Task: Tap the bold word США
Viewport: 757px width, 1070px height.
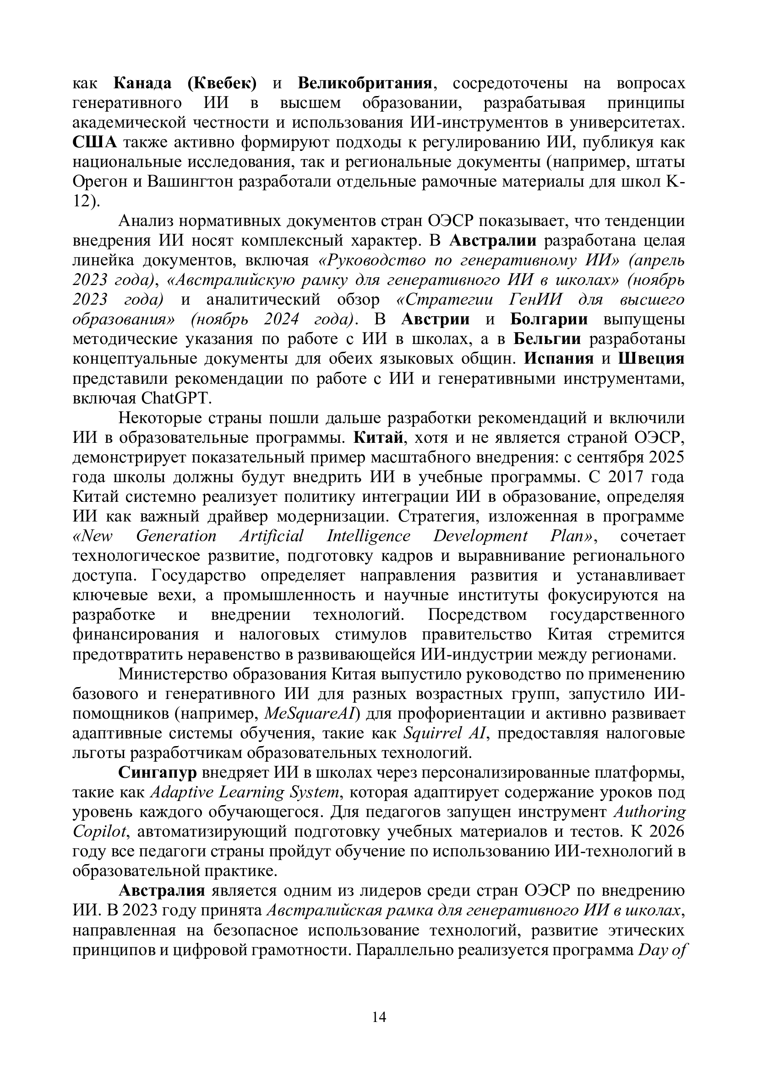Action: tap(95, 142)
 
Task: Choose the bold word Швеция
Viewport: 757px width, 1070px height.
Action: tap(652, 359)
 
